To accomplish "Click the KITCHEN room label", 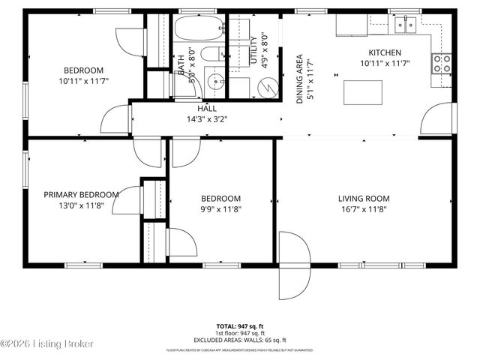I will pos(384,52).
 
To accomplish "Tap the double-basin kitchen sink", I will pos(406,25).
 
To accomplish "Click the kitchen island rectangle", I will pos(362,92).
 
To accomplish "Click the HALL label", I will pos(207,109).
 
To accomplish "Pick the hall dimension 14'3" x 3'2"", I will pos(207,118).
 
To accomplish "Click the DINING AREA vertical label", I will pos(299,78).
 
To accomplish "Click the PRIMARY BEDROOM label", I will pos(81,195).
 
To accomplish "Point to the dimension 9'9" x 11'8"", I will pos(221,209).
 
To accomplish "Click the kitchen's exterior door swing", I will pos(439,120).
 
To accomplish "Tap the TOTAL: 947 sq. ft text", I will pos(239,326).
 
